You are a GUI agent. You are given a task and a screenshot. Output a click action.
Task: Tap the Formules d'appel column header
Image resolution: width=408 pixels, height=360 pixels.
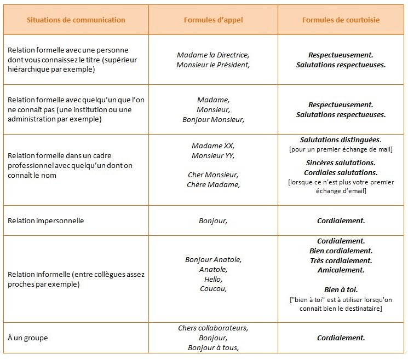pos(213,20)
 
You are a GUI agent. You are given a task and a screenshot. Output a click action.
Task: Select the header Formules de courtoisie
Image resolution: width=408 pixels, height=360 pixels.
pos(341,20)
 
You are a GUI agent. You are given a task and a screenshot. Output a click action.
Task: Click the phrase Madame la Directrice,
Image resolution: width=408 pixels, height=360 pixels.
pos(213,55)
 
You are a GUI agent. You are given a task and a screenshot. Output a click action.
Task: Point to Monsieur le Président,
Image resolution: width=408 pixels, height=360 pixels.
pos(213,65)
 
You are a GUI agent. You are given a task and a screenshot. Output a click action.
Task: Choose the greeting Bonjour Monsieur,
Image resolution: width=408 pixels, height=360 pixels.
pos(213,119)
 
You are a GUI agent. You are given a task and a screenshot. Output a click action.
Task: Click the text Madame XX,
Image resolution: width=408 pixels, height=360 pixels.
pos(213,146)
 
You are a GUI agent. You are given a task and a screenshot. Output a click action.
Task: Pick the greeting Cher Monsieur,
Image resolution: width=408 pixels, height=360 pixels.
pos(213,175)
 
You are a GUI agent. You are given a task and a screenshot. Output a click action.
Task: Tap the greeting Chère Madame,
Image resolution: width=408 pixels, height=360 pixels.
pos(213,184)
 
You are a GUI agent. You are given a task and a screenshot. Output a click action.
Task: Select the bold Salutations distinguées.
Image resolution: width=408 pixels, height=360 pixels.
pos(341,140)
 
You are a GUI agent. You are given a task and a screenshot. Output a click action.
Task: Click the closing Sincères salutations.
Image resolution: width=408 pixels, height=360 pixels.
pos(341,162)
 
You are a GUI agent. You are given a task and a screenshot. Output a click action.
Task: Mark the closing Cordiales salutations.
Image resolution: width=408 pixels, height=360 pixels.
pos(341,172)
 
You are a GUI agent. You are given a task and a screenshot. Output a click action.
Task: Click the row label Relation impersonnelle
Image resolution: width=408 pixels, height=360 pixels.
pos(45,221)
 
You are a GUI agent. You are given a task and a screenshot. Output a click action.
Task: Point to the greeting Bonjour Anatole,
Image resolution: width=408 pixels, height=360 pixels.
pos(213,259)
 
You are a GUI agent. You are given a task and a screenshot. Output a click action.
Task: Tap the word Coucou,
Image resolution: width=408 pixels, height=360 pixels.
pos(213,289)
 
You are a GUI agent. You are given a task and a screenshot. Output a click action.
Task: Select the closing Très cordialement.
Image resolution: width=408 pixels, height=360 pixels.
pos(341,260)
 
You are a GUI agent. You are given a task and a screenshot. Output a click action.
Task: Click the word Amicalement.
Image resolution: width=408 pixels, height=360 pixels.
pos(341,270)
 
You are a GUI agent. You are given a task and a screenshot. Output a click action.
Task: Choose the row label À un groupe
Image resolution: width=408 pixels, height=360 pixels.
pos(27,338)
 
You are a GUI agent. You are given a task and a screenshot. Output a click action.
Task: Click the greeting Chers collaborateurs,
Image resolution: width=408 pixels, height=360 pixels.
pos(213,328)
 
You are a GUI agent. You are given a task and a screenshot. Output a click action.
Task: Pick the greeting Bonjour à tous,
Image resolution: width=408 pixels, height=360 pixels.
pos(213,348)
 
